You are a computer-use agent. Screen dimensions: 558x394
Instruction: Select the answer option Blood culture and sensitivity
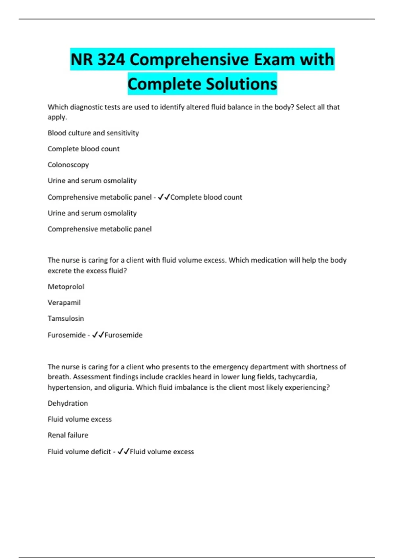93,133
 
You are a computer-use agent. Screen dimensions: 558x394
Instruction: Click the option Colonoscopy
68,165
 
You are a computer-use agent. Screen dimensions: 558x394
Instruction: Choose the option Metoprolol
66,287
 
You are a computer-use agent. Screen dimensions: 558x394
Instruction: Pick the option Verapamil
64,303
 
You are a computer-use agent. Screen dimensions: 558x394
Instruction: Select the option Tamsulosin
66,318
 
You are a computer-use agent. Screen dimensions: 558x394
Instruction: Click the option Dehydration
68,403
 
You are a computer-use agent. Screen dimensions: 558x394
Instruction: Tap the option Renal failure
68,435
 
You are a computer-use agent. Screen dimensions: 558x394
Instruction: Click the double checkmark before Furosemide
98,335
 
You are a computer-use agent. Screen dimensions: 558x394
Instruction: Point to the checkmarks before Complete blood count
164,197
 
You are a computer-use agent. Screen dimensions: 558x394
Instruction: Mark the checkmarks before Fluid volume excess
123,451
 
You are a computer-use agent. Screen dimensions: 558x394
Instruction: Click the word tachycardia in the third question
297,377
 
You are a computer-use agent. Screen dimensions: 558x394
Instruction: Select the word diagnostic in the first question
86,107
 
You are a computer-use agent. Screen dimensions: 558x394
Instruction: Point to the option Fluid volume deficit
79,452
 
